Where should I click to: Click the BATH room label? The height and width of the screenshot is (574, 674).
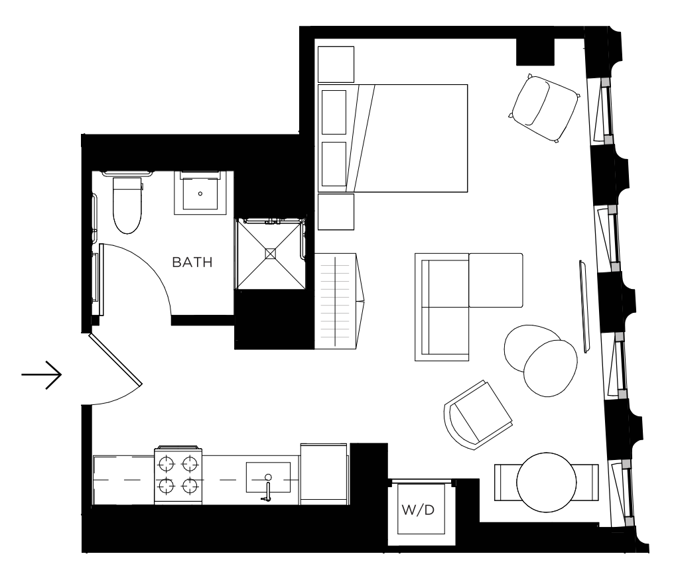[192, 262]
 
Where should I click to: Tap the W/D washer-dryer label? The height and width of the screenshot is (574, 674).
[418, 510]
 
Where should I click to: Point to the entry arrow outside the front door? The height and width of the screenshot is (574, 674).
[42, 374]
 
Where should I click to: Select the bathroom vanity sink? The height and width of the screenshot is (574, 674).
[200, 193]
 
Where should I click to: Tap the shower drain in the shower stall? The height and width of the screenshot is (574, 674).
[271, 254]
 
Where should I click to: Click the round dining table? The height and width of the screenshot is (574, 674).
[547, 483]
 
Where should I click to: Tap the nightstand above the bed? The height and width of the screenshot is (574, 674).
[336, 64]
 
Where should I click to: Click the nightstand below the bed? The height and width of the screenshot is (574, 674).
[336, 212]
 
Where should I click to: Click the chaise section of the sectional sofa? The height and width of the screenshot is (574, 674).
[496, 280]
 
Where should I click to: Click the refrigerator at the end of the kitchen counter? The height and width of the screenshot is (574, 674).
[324, 474]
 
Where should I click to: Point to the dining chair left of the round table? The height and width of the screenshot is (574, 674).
[506, 482]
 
